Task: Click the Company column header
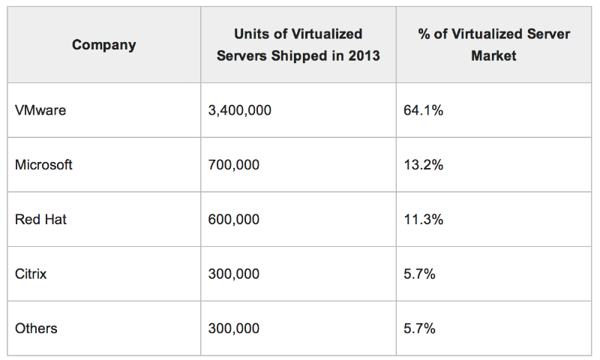103,45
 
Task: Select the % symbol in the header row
424,34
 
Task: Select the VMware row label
40,110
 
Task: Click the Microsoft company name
43,165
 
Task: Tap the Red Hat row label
40,219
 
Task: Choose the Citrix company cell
31,274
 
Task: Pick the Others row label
36,328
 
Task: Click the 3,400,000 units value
239,110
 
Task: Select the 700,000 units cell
233,165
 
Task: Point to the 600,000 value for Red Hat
233,219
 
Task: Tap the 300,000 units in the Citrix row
233,274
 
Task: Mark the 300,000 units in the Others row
233,328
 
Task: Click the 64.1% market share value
423,110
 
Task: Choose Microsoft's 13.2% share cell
423,165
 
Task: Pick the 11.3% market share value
423,219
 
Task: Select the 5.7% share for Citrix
420,274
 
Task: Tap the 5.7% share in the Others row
420,328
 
